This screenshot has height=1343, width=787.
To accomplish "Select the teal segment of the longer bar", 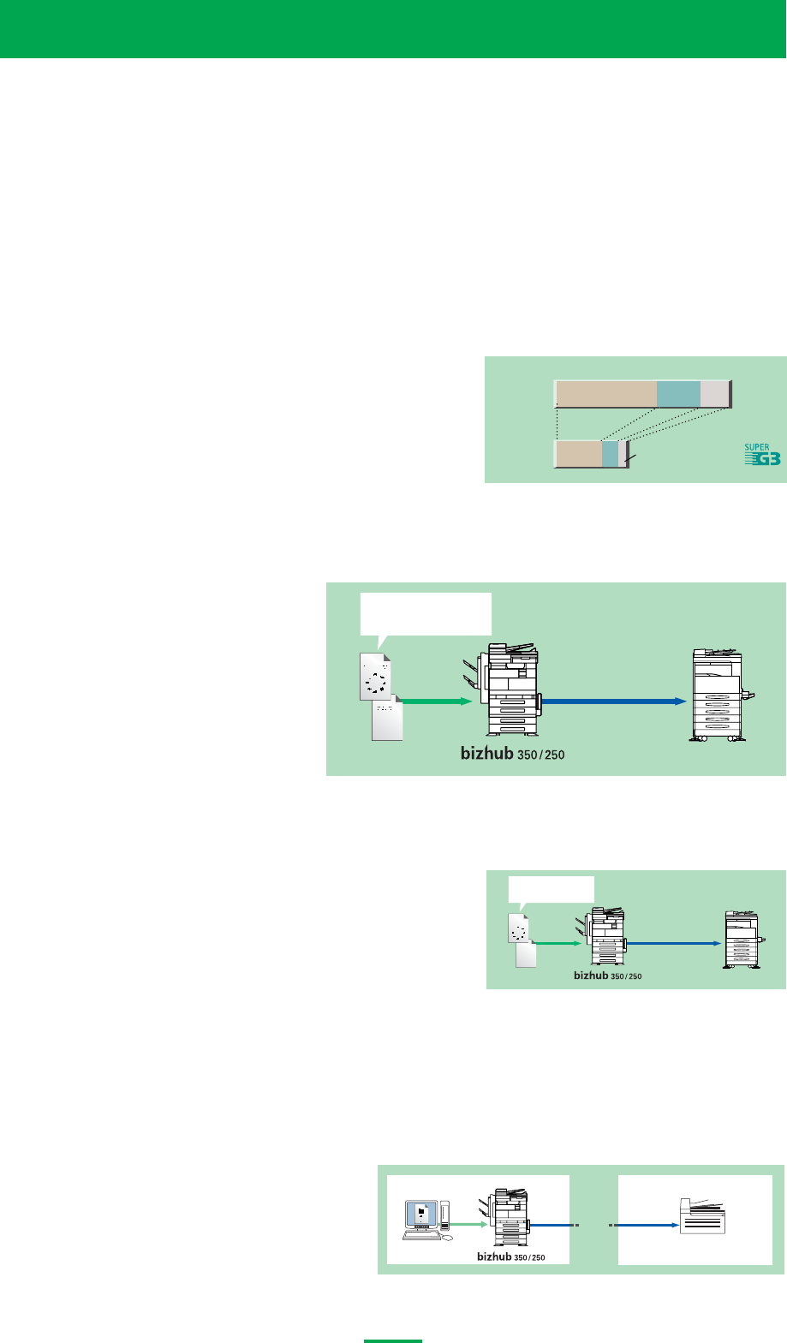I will click(x=678, y=394).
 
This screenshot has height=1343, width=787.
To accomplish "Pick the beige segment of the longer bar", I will click(x=605, y=394).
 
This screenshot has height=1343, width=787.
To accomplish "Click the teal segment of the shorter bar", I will click(x=609, y=454).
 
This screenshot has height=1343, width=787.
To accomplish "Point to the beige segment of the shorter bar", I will click(x=578, y=454).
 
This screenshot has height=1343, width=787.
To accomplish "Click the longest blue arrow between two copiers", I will click(x=614, y=701).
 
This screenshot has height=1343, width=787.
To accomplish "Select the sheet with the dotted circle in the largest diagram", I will click(x=374, y=675).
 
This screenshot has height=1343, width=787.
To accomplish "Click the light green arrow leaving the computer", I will click(x=468, y=1225).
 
